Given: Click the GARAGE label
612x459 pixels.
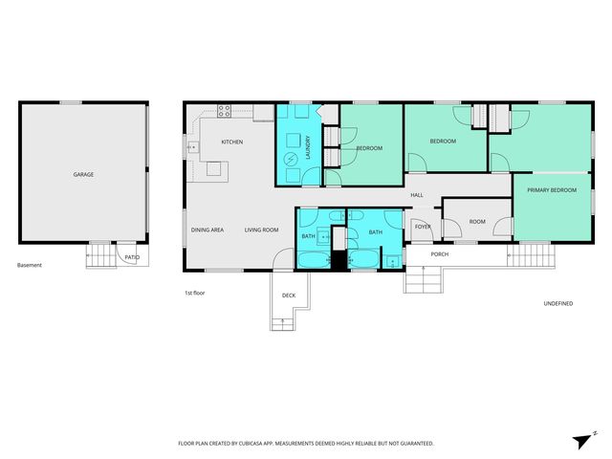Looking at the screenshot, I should tap(83, 174).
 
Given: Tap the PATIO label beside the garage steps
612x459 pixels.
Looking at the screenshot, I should tap(132, 256).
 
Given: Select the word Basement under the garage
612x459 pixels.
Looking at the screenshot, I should tap(30, 265).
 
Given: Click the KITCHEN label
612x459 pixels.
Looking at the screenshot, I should tap(232, 142).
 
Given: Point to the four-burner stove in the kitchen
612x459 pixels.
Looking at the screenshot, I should tap(225, 110).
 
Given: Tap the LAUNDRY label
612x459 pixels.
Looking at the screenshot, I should tap(308, 147).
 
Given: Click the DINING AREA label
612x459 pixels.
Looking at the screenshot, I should tap(208, 229).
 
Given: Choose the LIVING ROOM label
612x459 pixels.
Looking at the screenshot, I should tap(261, 229).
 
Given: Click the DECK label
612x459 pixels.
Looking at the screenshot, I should tap(288, 295).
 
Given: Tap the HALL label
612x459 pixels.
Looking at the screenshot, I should tap(417, 195).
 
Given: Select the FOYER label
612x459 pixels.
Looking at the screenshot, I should tap(422, 227).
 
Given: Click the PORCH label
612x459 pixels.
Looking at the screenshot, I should tap(440, 254).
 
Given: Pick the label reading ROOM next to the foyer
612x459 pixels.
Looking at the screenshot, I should tap(476, 222).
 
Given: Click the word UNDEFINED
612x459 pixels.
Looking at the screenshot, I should tap(558, 303).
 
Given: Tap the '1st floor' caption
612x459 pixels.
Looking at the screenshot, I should tap(195, 293).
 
